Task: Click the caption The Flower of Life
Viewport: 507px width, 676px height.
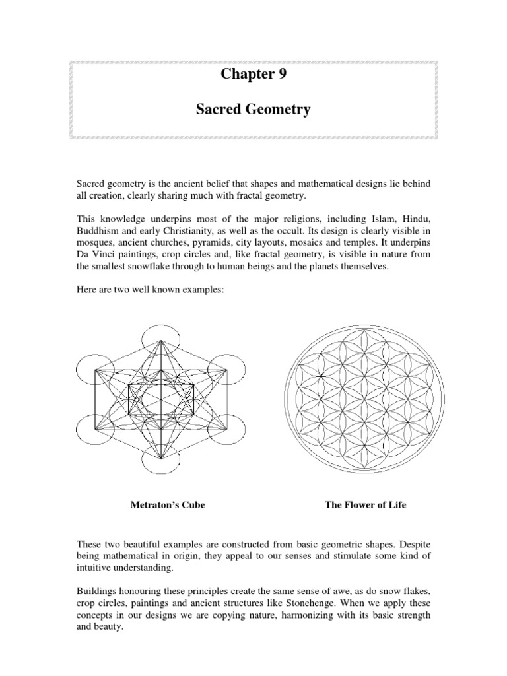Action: tap(365, 505)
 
